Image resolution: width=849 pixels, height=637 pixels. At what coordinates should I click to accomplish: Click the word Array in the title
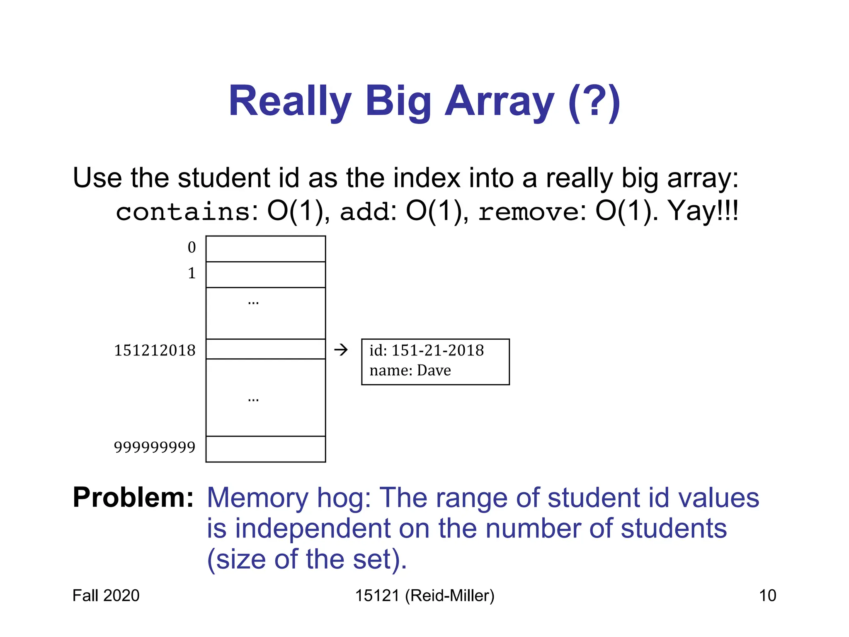tap(499, 102)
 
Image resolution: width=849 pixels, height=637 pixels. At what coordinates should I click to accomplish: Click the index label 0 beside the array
tap(192, 248)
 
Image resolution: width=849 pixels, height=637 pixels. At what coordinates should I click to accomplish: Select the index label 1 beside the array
tap(192, 273)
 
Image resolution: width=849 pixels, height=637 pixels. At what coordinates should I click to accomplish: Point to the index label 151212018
tap(155, 350)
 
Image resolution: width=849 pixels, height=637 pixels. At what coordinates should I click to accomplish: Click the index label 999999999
tap(155, 447)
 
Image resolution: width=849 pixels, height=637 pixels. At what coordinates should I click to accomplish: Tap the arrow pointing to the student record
tap(341, 350)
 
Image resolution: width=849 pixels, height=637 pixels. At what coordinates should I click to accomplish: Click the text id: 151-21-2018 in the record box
tap(427, 350)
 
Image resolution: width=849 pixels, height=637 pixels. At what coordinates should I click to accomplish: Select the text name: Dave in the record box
tap(410, 370)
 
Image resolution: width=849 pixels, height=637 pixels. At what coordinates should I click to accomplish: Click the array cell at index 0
tap(266, 249)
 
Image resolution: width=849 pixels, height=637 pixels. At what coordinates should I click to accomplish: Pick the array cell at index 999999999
tap(266, 449)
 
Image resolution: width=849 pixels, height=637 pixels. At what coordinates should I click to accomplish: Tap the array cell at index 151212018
tap(266, 349)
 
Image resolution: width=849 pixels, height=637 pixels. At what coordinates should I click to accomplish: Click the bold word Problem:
tap(133, 497)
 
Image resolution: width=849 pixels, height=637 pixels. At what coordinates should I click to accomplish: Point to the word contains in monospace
tap(183, 212)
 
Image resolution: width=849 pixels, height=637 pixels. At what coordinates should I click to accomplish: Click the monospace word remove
tap(529, 212)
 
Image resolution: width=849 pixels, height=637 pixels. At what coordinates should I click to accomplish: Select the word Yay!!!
tap(703, 211)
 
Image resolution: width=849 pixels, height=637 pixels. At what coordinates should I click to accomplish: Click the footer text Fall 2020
tap(106, 596)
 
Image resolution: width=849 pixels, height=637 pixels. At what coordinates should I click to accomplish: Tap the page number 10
tap(767, 596)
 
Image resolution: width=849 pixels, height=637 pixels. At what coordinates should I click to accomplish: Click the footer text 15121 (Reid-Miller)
tap(424, 596)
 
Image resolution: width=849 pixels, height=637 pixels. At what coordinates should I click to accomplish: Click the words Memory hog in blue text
tap(289, 497)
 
